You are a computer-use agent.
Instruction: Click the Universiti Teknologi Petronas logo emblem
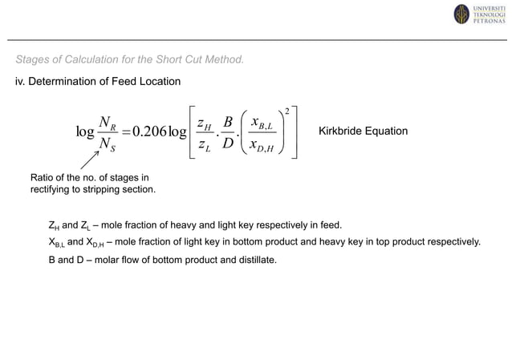click(461, 14)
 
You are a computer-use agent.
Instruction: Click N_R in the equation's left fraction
click(107, 122)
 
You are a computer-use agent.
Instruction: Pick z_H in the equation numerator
click(206, 121)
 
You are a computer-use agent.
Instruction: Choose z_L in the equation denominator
click(206, 144)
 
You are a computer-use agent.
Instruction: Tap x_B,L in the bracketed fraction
click(262, 121)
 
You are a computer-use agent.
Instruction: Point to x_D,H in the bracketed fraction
click(262, 145)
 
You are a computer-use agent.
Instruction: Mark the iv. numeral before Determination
click(20, 82)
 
